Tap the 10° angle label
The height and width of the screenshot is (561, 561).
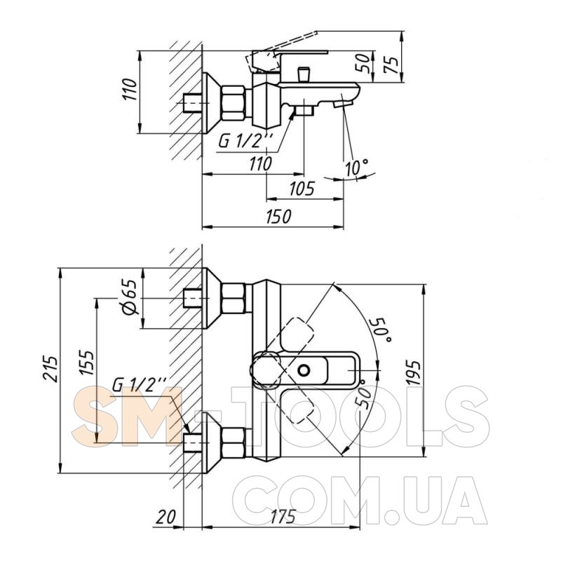(x=356, y=167)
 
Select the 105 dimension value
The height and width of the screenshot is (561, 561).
(x=302, y=189)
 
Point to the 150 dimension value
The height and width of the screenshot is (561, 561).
(x=278, y=217)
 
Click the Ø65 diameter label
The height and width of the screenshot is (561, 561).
(x=130, y=297)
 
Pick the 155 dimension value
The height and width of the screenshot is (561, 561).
(x=87, y=363)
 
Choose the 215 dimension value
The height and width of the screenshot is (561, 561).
(x=50, y=369)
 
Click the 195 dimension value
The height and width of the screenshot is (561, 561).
(x=414, y=372)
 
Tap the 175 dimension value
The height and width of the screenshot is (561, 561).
(x=283, y=517)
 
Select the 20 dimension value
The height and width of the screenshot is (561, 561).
(x=166, y=517)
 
